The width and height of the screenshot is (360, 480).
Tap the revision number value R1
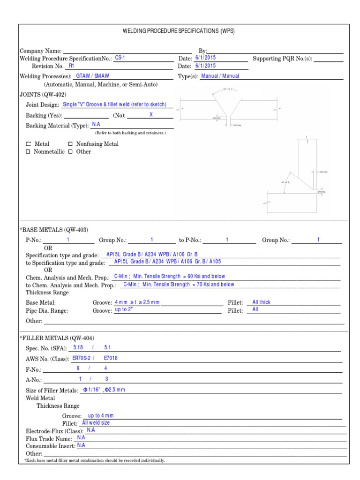pyautogui.click(x=72, y=66)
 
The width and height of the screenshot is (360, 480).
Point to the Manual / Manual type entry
pyautogui.click(x=220, y=76)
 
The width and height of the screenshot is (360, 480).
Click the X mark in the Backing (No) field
pyautogui.click(x=151, y=114)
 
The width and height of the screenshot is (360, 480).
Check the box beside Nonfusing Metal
pyautogui.click(x=71, y=144)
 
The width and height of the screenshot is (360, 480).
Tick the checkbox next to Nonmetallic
pyautogui.click(x=28, y=152)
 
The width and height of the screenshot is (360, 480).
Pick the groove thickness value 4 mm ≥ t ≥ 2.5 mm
pyautogui.click(x=137, y=302)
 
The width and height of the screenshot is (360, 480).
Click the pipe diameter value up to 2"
pyautogui.click(x=124, y=310)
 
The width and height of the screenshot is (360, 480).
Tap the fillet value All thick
pyautogui.click(x=261, y=302)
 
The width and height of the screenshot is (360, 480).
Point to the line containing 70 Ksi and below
pyautogui.click(x=179, y=284)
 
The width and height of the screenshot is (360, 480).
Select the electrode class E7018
pyautogui.click(x=112, y=359)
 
